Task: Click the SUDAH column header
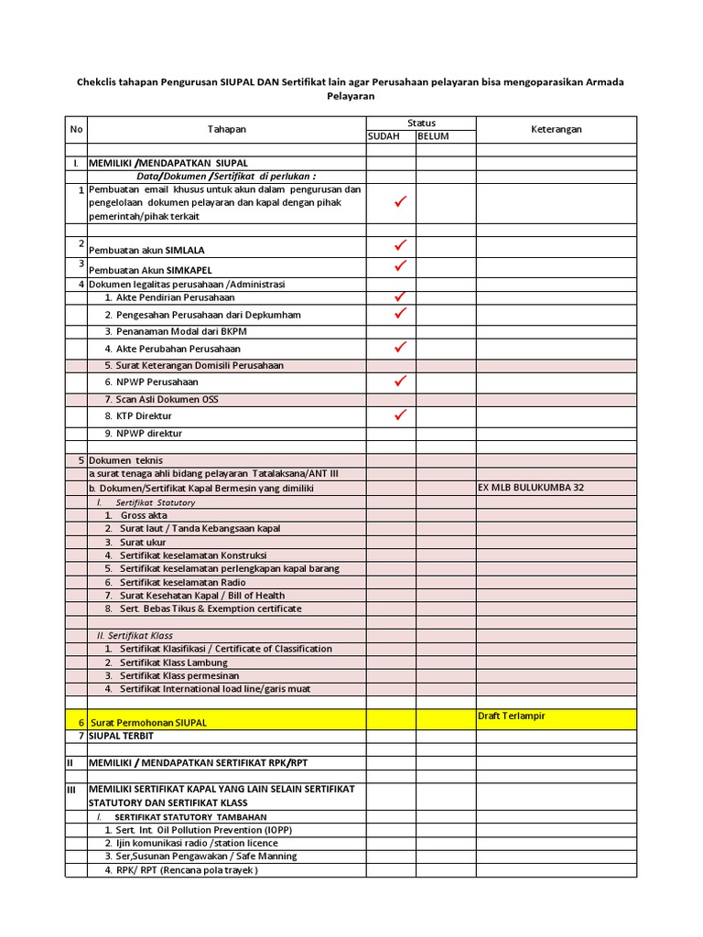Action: pos(384,136)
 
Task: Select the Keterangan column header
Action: pos(556,130)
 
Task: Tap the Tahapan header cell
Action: pos(226,130)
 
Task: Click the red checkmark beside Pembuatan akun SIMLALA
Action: pos(399,245)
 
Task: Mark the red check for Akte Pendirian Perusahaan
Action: pos(399,297)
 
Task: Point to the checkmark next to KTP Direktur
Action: pos(399,415)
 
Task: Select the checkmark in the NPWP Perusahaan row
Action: pos(399,381)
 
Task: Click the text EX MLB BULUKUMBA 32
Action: pos(531,488)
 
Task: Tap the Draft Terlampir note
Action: pos(511,716)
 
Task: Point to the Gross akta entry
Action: pos(144,515)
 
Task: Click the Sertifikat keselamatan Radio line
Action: pos(181,582)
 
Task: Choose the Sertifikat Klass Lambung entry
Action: pos(173,662)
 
